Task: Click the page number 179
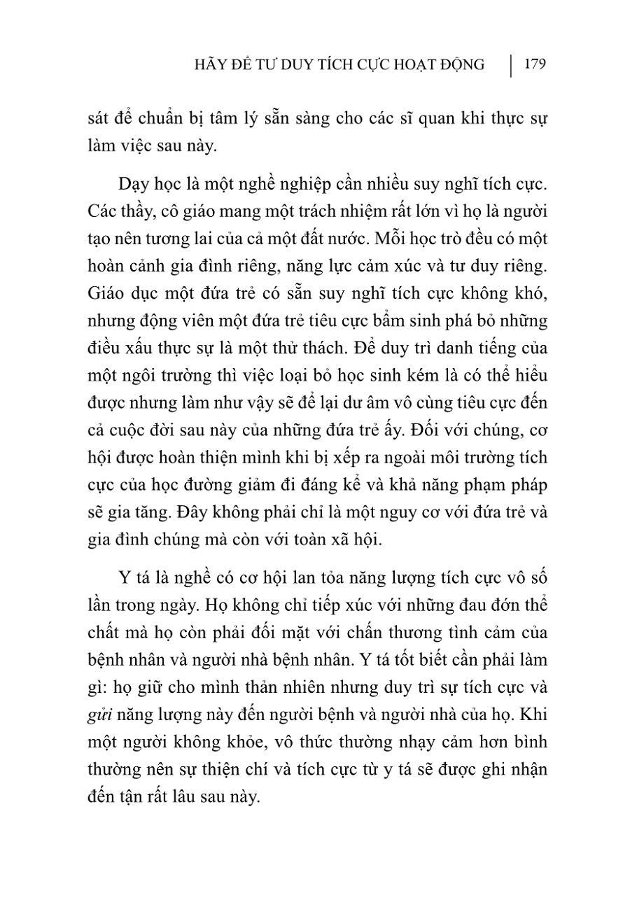(x=534, y=64)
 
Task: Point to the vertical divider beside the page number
(x=512, y=65)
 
